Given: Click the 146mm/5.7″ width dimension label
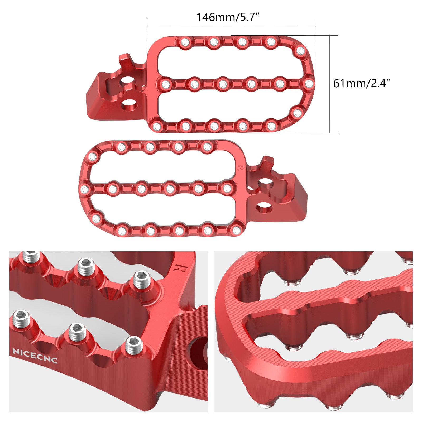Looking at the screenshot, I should coord(228,17).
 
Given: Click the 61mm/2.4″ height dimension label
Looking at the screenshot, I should coord(361,83).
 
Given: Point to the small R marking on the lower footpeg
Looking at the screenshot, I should coord(239,168).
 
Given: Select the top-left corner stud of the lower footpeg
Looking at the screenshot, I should coord(93,157).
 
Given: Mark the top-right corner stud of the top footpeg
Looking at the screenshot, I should coord(300,51).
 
